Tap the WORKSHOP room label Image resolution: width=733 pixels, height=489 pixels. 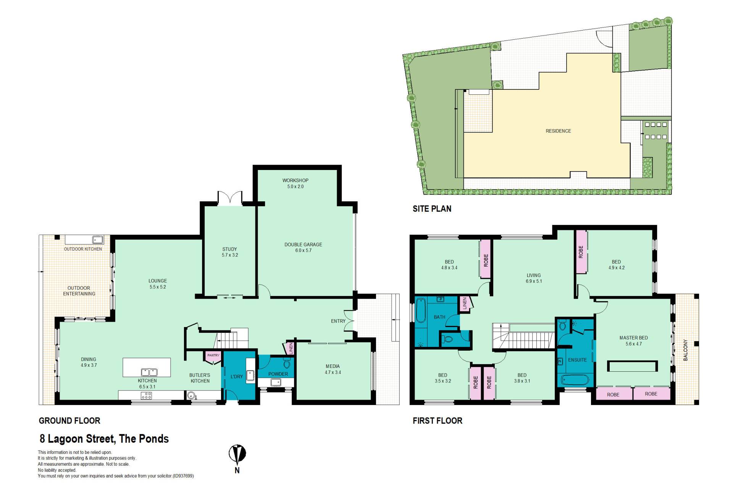[295, 180]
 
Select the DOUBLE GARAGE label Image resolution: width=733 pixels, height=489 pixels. [303, 244]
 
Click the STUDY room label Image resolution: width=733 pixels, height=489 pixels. [229, 249]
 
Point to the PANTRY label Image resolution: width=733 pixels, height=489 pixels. [213, 355]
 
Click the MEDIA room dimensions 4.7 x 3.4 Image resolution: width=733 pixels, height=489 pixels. [333, 372]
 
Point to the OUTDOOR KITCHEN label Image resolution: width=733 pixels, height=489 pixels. [83, 249]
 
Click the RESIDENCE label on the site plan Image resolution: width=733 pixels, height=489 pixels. [558, 131]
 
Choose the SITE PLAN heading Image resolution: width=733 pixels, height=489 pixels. [432, 209]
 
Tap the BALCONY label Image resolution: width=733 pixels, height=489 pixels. [685, 350]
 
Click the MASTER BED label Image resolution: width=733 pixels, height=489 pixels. [633, 338]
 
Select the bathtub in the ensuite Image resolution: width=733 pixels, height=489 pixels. [575, 381]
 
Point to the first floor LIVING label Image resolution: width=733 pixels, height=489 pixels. [534, 275]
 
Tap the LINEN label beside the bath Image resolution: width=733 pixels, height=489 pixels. [465, 304]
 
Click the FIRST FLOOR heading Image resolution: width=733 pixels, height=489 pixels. [438, 421]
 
